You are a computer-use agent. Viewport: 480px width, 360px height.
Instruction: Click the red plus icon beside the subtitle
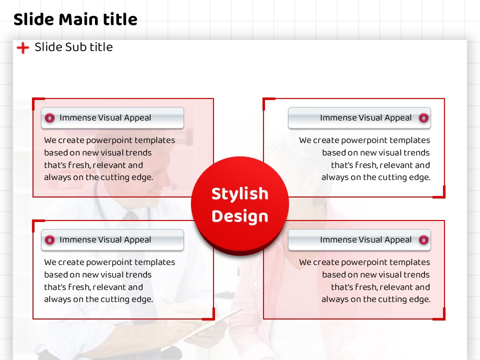point(23,48)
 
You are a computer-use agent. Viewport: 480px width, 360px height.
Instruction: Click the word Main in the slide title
point(78,19)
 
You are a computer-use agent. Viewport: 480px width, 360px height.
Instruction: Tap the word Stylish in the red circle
point(239,194)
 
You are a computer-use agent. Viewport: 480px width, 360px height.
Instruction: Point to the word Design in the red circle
point(239,216)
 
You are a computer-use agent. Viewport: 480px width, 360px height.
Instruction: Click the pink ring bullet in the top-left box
point(49,118)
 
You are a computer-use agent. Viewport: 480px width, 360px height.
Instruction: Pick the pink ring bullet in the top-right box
point(423,118)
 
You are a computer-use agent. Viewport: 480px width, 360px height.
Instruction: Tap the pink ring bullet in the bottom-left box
point(49,239)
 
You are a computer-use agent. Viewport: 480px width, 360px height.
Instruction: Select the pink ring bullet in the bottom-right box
point(423,239)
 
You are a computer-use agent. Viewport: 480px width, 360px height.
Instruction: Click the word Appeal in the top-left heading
point(137,118)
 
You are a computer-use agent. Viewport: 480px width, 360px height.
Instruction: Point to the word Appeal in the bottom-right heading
point(398,240)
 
